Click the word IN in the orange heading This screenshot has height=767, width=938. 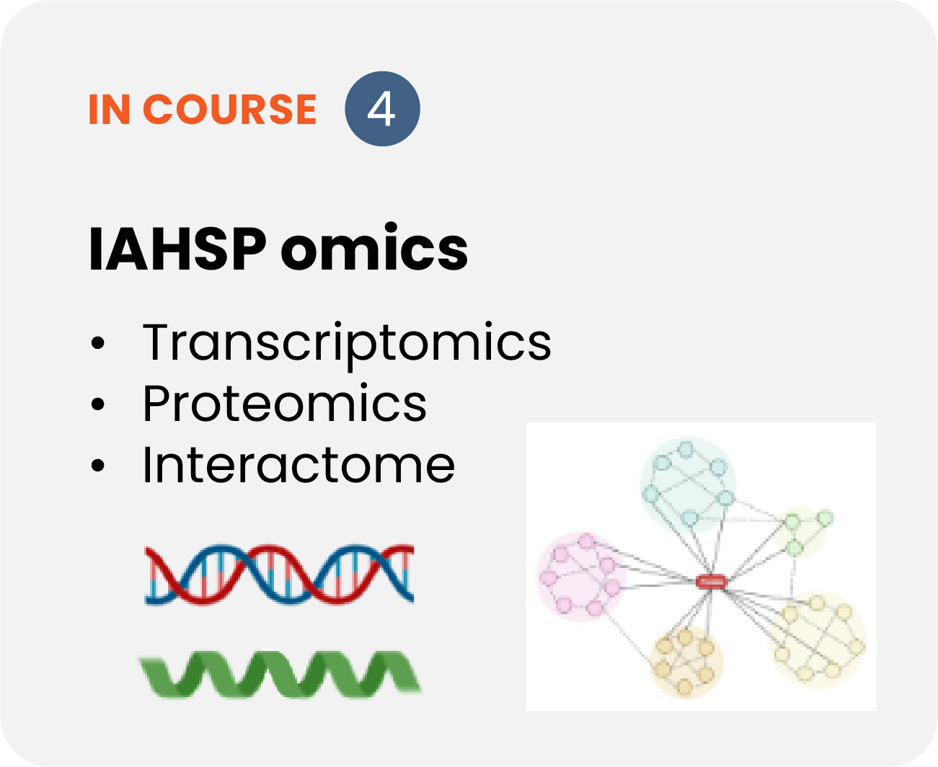(x=110, y=109)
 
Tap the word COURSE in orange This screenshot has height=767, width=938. (x=229, y=109)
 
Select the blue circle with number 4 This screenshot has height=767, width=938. (x=382, y=109)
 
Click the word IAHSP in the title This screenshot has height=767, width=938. (x=178, y=249)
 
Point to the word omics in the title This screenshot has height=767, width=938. (x=374, y=247)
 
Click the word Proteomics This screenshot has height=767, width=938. (x=285, y=403)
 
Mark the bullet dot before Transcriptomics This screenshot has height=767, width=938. (x=97, y=343)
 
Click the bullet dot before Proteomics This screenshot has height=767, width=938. (x=97, y=404)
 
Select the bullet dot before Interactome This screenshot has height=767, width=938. (x=97, y=465)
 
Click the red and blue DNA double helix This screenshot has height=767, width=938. (x=279, y=574)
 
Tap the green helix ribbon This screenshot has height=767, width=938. (x=280, y=673)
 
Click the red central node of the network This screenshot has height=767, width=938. (x=711, y=581)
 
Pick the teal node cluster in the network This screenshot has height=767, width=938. (x=688, y=484)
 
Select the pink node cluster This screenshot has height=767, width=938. (x=581, y=577)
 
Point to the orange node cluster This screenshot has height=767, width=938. (x=686, y=662)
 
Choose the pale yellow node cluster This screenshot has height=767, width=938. (x=818, y=639)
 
